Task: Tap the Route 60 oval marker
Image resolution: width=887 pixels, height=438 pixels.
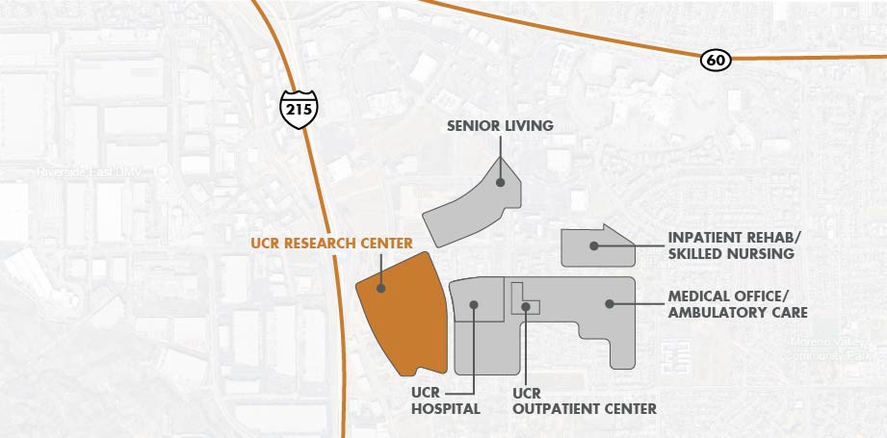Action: coord(716,61)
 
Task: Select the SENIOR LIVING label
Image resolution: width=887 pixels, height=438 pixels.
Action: coord(500,126)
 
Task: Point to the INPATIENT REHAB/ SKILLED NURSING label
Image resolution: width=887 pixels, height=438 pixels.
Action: coord(732,245)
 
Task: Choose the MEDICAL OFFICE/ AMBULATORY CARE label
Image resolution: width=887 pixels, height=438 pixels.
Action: coord(737,304)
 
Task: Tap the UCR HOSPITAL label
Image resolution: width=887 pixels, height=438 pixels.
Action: coord(446,401)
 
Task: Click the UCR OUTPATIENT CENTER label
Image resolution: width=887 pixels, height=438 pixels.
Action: coord(584,401)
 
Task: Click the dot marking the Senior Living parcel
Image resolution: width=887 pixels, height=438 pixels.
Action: coord(500,182)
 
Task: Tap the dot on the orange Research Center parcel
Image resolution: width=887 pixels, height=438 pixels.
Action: coord(380,287)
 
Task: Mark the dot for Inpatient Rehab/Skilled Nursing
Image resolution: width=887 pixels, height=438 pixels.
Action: coord(595,245)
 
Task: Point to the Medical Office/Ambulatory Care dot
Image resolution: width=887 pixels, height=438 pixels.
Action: coord(609,304)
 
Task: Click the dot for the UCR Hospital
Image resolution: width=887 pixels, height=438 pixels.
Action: coord(474,305)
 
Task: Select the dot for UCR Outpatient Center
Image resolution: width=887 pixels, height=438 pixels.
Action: coord(527,306)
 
